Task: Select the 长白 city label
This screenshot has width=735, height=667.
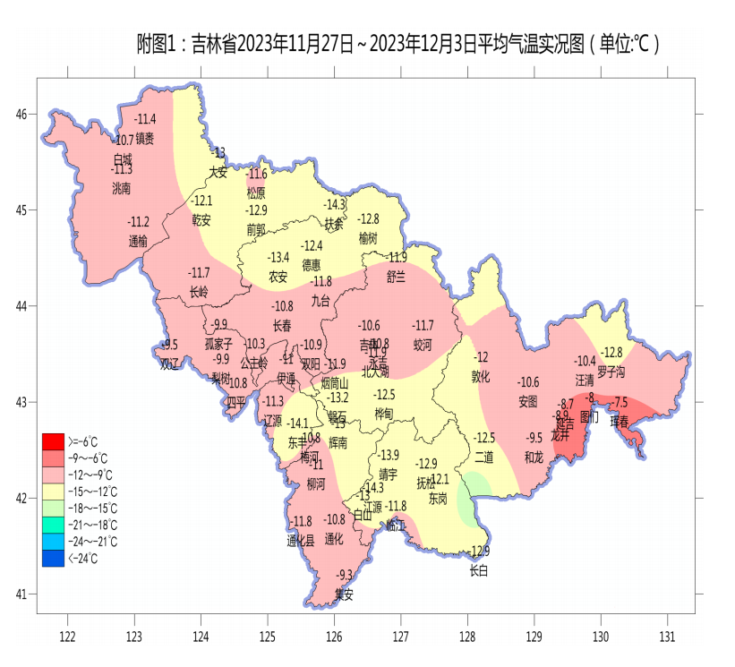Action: pos(479,570)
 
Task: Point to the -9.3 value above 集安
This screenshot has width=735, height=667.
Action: pos(345,574)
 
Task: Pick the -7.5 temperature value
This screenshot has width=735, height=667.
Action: pos(619,403)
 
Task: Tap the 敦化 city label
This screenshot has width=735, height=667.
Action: pos(481,377)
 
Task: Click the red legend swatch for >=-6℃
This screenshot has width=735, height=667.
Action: pos(53,440)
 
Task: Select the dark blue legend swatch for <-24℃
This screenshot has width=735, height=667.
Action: pos(53,559)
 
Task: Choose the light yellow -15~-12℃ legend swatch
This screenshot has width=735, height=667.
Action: pos(53,491)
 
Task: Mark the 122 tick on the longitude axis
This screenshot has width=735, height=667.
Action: pos(67,637)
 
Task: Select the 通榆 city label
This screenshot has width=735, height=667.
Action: pos(138,240)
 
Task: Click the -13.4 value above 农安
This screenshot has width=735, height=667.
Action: pos(279,257)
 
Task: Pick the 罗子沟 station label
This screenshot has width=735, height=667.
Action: pos(611,371)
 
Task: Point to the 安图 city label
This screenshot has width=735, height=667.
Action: pos(528,401)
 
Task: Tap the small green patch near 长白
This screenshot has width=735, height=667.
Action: pos(472,497)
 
